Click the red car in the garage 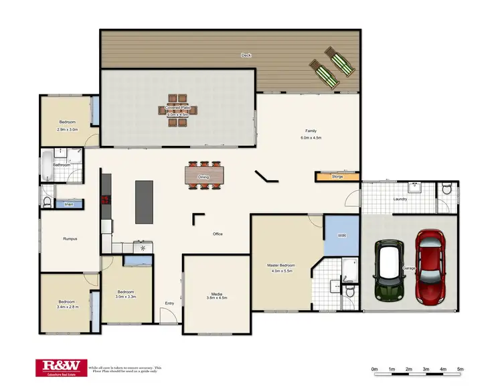pos(430,265)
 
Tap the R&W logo pos(61,366)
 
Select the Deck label pos(246,56)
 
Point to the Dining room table pos(203,176)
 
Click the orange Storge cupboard pos(337,177)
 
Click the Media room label pos(217,293)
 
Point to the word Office pos(218,234)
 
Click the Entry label pos(169,303)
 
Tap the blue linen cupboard pos(69,204)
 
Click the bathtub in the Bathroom pos(48,165)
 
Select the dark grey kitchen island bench pos(145,202)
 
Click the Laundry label pos(400,199)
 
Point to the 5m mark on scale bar pos(461,369)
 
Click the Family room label pos(311,131)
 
